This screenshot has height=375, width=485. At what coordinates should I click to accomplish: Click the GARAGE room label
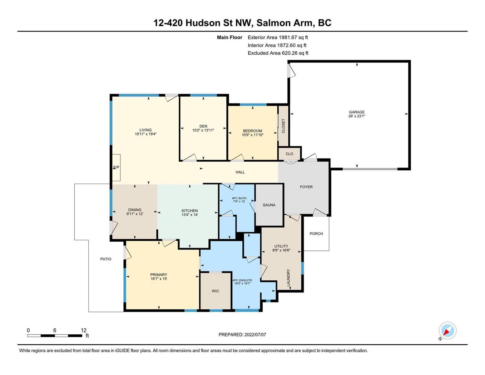tap(356, 112)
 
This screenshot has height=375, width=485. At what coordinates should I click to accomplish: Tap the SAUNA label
tap(269, 205)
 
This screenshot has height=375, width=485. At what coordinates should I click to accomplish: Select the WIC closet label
tap(215, 291)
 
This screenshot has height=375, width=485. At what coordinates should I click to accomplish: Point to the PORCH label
tap(316, 234)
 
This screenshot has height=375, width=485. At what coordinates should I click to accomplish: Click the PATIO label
tap(106, 259)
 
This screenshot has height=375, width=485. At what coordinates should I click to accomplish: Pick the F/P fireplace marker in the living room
tap(116, 167)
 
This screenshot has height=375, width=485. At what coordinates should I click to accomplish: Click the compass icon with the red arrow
tap(447, 331)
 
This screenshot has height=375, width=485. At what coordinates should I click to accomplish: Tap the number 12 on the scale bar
tap(83, 330)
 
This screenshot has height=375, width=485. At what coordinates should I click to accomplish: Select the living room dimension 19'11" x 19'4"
tap(146, 134)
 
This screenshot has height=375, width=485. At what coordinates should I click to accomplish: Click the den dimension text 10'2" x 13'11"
tap(203, 130)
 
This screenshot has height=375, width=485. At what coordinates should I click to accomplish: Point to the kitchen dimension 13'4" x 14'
tap(190, 215)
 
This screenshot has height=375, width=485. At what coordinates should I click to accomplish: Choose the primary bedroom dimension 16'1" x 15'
tap(159, 279)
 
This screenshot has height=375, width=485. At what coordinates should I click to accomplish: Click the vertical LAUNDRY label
tap(288, 277)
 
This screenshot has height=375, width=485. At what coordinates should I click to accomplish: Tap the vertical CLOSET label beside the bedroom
tap(283, 126)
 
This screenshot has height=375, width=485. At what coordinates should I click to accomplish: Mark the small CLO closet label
tap(289, 154)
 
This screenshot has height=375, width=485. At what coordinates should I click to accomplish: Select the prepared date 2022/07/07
tap(255, 335)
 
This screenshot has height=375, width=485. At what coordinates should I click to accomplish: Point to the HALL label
tap(240, 172)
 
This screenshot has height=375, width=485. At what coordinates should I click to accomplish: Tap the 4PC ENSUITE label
tap(242, 280)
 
